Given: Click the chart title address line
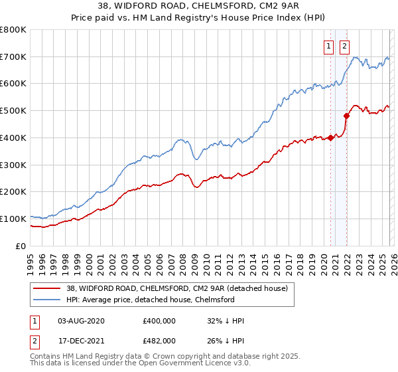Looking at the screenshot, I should tap(199, 6).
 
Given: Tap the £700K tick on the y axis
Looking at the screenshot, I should tap(13, 57).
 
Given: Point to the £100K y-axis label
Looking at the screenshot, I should tap(13, 219).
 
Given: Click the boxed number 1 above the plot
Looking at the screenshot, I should tap(330, 46).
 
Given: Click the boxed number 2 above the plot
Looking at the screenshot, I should tap(345, 46).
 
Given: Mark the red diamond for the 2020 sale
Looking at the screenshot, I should tap(330, 138).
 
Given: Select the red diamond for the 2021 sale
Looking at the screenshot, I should tap(346, 116).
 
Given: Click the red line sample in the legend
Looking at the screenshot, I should tap(46, 288).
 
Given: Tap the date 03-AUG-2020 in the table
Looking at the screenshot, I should tap(81, 321).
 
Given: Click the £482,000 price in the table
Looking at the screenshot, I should tap(159, 340).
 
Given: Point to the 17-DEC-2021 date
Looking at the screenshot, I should tap(81, 340).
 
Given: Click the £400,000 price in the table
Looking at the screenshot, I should tap(159, 321).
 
